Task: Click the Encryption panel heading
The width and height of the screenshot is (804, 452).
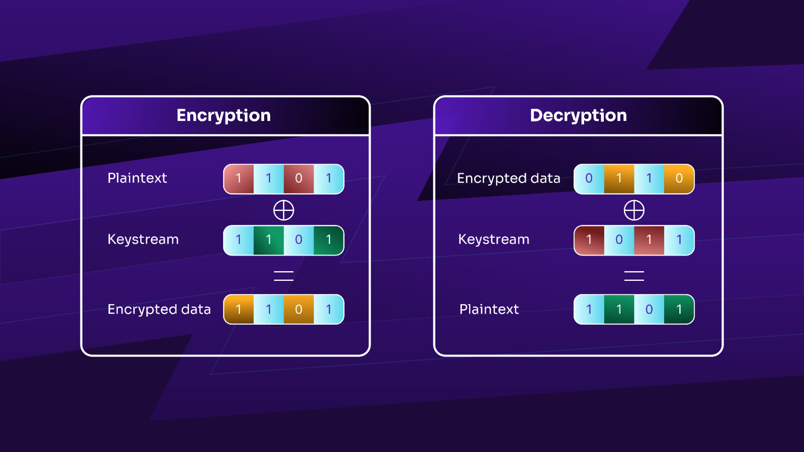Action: click(x=224, y=116)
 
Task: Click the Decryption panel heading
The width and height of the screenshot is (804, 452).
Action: click(x=578, y=116)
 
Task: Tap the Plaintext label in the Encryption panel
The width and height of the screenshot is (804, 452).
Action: click(x=137, y=178)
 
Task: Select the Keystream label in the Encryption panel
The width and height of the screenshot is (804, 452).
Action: click(x=143, y=239)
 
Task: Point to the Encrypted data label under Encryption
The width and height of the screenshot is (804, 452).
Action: click(x=159, y=309)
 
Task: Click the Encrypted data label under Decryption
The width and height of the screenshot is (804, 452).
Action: click(x=508, y=178)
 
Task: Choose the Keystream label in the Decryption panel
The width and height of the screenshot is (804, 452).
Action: click(x=494, y=239)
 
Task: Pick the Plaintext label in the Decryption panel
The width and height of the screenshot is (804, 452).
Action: click(x=489, y=309)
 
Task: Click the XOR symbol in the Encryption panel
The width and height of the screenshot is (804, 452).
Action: click(x=283, y=210)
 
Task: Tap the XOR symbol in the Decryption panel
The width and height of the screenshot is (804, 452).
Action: click(x=634, y=210)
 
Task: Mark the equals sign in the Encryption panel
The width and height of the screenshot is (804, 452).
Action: click(x=283, y=276)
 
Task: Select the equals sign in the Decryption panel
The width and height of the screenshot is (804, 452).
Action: click(x=634, y=276)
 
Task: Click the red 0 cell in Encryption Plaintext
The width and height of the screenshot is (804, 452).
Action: click(x=299, y=179)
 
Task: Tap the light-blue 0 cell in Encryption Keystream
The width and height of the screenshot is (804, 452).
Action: click(x=299, y=240)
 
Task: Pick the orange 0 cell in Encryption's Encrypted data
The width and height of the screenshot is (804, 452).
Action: click(x=299, y=310)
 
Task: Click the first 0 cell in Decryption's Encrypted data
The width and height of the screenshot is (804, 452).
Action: click(x=589, y=179)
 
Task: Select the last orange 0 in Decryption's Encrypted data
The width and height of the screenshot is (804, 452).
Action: click(x=679, y=179)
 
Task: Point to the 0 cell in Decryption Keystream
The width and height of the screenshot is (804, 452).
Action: click(x=619, y=240)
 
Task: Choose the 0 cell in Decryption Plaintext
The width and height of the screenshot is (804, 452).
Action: click(x=649, y=310)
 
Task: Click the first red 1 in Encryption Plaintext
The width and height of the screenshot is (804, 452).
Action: click(x=239, y=179)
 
